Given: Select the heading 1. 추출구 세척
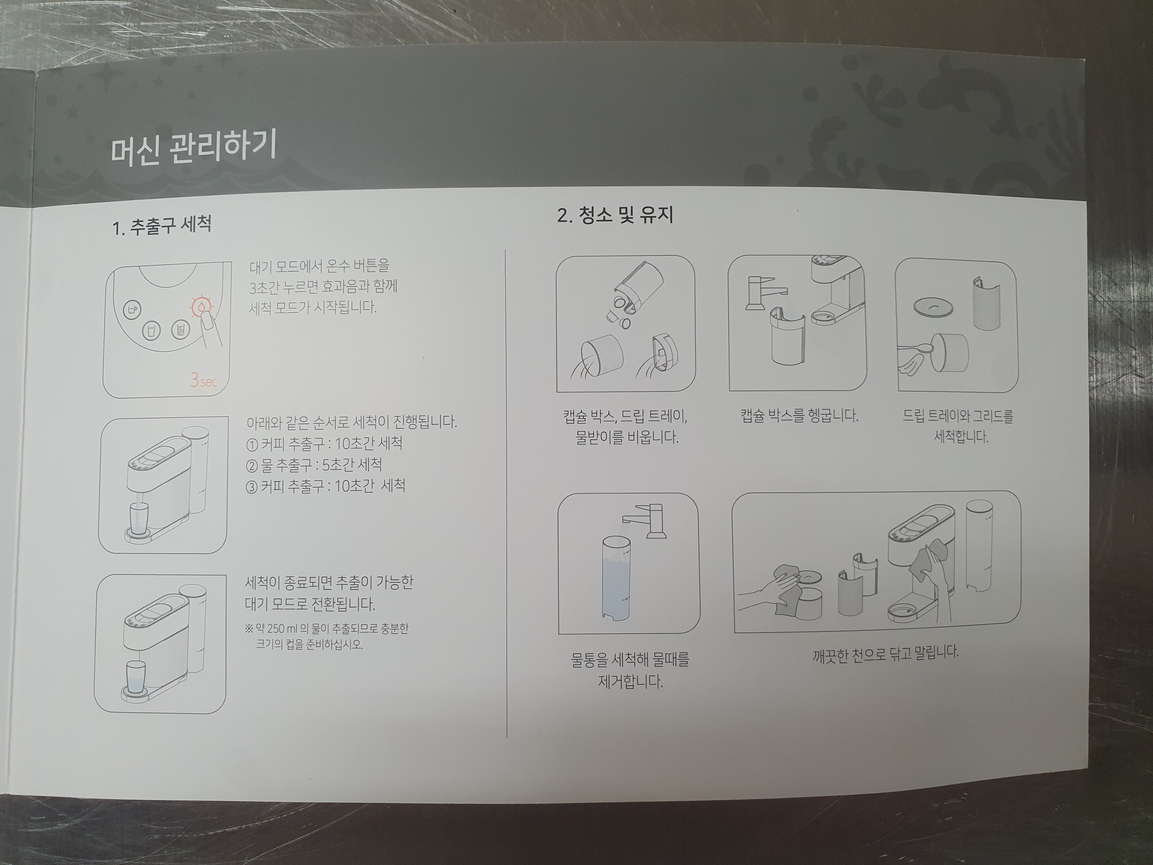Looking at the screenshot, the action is [x=162, y=226].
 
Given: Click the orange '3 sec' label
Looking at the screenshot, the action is [x=203, y=381].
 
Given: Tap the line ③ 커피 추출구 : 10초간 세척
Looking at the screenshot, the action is [x=325, y=486].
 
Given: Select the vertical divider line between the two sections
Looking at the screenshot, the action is [x=507, y=493].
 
